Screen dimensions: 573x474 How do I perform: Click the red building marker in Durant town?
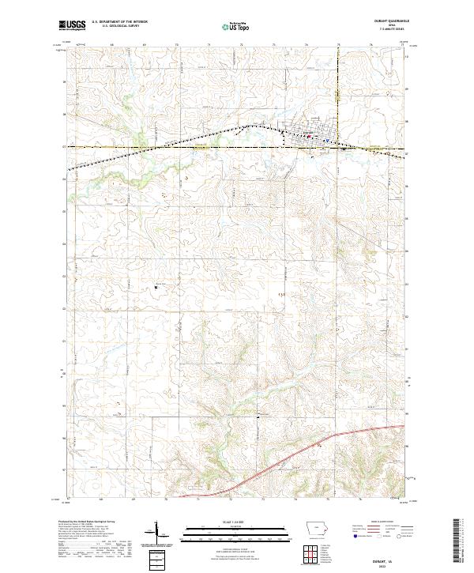tap(309, 138)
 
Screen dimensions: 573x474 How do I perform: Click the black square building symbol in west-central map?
tap(156, 287)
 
